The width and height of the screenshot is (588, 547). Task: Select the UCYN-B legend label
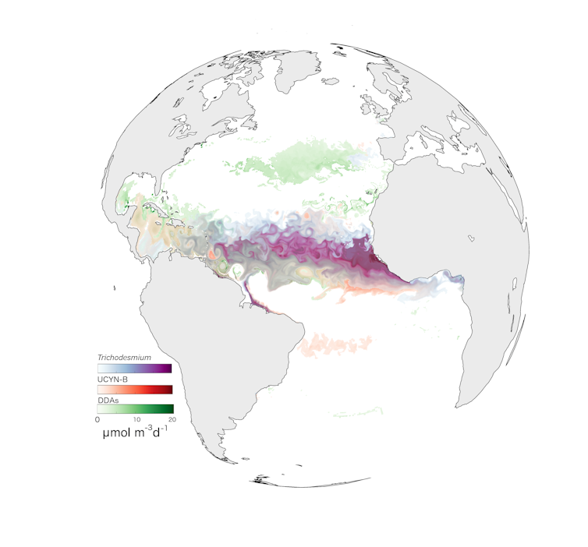[x=112, y=379]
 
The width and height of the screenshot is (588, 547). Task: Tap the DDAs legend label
[x=108, y=400]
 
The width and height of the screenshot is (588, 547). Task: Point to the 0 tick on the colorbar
[x=97, y=419]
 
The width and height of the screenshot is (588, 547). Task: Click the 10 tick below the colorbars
[x=136, y=419]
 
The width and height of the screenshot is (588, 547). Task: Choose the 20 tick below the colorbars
[x=172, y=419]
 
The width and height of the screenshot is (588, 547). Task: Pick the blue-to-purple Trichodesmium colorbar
[x=134, y=368]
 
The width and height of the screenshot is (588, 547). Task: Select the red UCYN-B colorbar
[x=134, y=389]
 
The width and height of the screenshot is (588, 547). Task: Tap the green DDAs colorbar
[x=134, y=409]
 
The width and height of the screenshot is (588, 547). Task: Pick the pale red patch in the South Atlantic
[x=335, y=344]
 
